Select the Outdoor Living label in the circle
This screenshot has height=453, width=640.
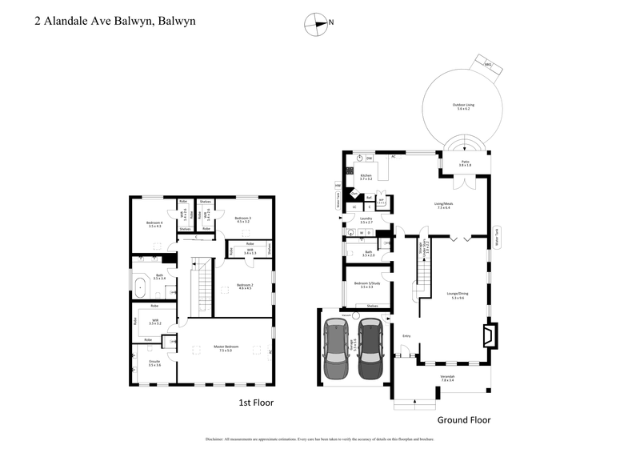click(x=458, y=108)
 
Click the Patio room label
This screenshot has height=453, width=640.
click(x=465, y=164)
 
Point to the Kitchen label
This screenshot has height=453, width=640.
click(x=366, y=177)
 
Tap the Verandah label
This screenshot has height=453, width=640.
click(x=447, y=379)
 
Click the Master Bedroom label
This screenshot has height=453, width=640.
click(x=223, y=348)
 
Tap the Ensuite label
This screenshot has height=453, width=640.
click(x=154, y=363)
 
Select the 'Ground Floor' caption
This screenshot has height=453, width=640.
click(x=463, y=419)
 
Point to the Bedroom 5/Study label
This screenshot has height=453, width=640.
click(x=367, y=284)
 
